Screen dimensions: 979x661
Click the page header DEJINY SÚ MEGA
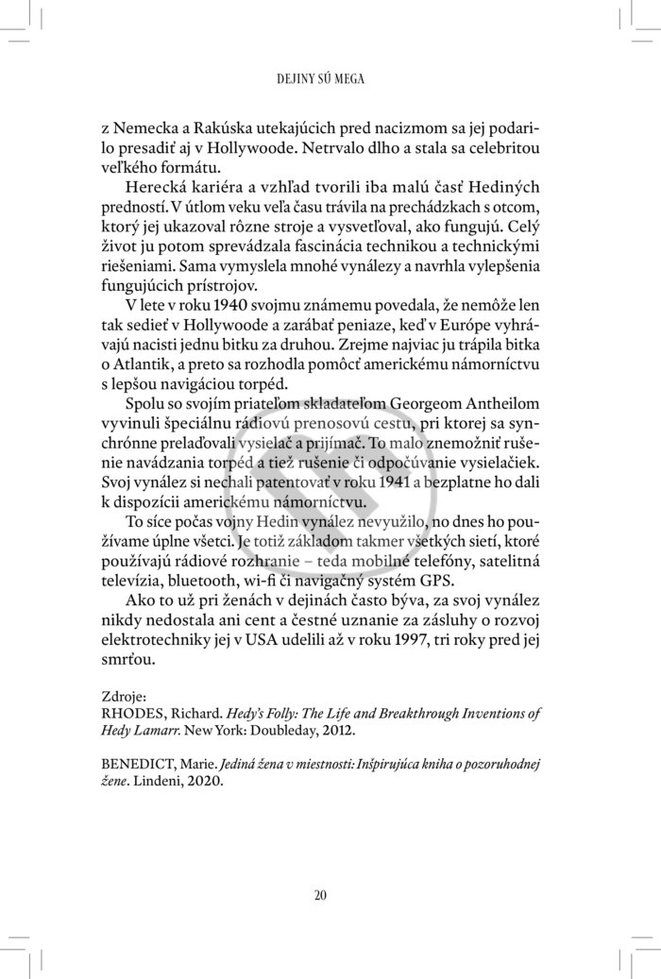[330, 78]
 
